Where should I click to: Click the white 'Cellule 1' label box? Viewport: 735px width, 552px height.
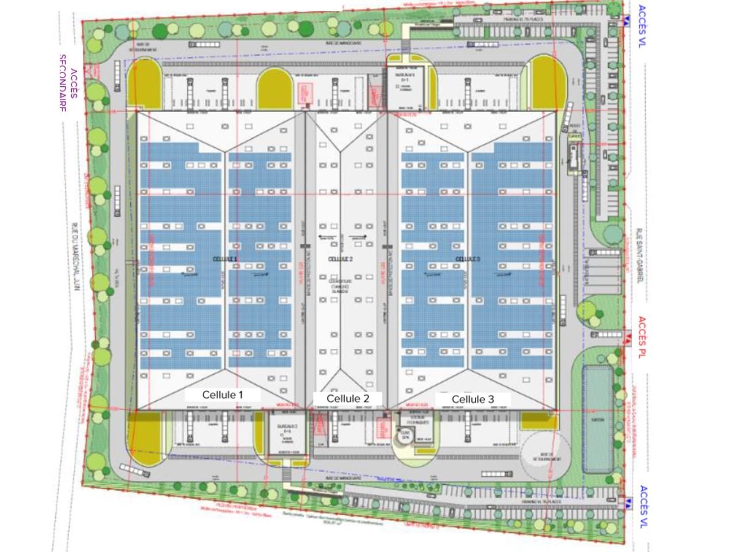(x=223, y=395)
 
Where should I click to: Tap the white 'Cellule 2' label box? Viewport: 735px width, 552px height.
(x=347, y=398)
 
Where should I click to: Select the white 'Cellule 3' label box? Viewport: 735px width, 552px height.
(x=473, y=399)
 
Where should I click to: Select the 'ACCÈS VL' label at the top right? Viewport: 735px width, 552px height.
(x=643, y=26)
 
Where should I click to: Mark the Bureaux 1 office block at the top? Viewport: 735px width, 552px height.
(x=404, y=86)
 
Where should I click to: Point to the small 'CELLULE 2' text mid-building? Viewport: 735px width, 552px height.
(x=340, y=259)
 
